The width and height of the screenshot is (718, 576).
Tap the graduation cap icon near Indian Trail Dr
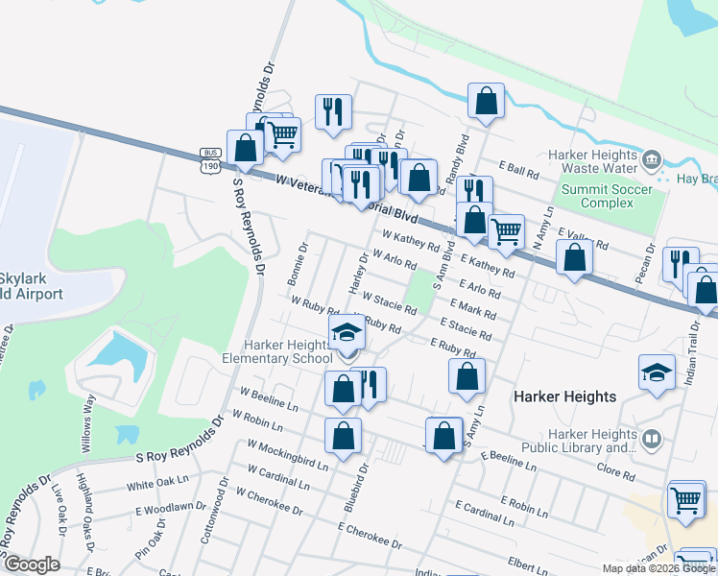tap(657, 372)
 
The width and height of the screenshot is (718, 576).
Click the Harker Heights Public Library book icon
tap(652, 440)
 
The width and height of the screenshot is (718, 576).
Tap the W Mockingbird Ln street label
tap(288, 455)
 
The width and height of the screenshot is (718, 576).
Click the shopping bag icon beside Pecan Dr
tap(574, 258)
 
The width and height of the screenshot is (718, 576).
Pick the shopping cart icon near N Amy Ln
tap(506, 230)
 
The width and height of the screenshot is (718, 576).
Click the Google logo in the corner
tap(31, 564)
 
